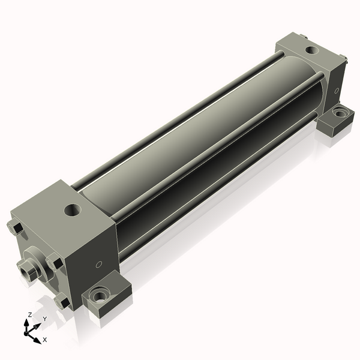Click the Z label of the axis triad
coord(30,314)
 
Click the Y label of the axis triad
coord(45,319)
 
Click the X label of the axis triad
coord(45,340)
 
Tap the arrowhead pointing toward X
coord(37,340)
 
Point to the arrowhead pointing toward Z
coord(27,323)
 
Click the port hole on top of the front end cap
coord(73,210)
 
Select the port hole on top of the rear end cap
coord(312,50)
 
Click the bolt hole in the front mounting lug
coord(99,296)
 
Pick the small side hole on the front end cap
coord(99,265)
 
